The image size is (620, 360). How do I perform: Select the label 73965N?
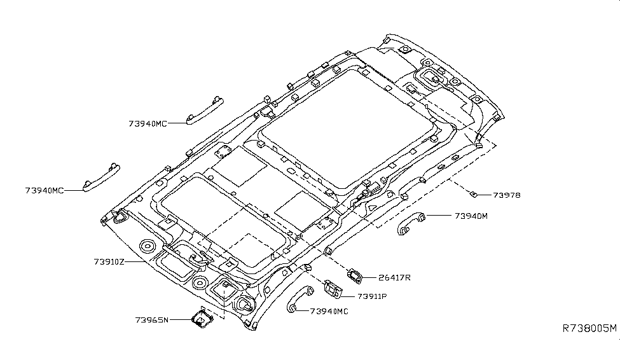[152, 319]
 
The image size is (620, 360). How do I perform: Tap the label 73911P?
[372, 296]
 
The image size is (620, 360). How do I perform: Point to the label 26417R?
[394, 277]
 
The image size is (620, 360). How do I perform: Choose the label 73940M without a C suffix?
[471, 216]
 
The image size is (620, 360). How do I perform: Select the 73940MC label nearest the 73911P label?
[330, 311]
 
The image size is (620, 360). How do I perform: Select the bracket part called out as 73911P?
[331, 289]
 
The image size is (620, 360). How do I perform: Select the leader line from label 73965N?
[181, 319]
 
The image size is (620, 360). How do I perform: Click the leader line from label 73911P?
[349, 296]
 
